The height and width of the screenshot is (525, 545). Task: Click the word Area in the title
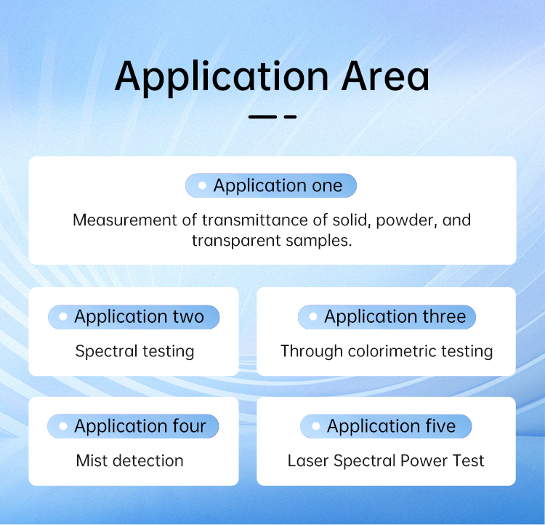[385, 76]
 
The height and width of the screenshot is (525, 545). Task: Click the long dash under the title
[262, 117]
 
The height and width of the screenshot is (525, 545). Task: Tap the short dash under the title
[290, 117]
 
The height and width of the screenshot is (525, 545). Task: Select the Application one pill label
[271, 185]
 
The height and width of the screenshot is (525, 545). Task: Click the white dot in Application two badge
[63, 316]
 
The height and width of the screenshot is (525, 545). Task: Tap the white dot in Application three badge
[312, 316]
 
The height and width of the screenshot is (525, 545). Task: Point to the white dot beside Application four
[63, 426]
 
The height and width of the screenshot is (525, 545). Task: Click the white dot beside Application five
[315, 426]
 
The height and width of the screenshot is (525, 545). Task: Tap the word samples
[319, 241]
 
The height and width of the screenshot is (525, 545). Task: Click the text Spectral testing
[135, 351]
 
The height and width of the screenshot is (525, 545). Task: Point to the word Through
[312, 351]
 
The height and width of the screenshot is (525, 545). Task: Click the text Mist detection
[129, 460]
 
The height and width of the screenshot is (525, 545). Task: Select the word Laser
[308, 460]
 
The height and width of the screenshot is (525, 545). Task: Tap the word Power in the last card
[419, 460]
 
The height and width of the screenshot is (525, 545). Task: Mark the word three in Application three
[444, 316]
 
